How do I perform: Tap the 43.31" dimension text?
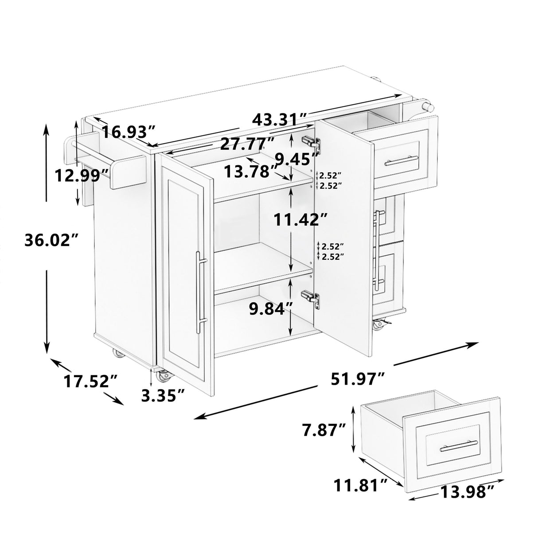(280, 120)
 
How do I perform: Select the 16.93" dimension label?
(129, 132)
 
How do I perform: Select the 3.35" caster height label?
(163, 394)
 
